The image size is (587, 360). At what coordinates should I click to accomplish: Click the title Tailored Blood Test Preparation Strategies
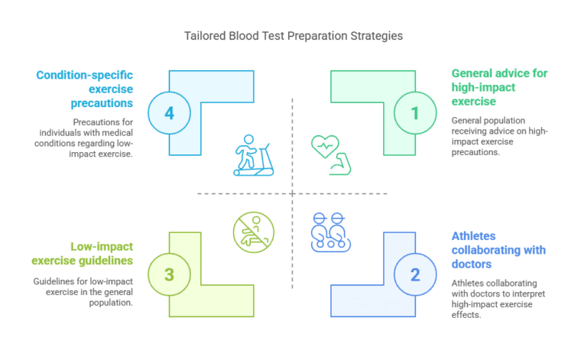coord(293,36)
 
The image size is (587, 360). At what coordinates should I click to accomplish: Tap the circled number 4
coord(169,113)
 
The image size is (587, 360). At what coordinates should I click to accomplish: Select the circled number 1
coord(415,113)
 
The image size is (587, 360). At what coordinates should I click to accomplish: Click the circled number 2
coord(415,274)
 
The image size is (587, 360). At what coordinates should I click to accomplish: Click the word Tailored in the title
coord(205,36)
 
